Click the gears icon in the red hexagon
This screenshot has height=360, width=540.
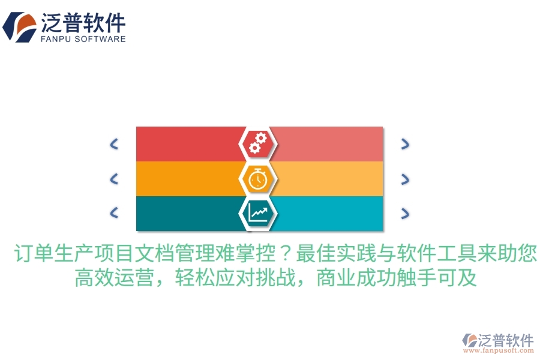tap(258, 143)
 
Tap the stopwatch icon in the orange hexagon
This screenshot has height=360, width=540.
tap(258, 179)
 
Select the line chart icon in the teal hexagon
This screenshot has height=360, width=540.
tap(258, 212)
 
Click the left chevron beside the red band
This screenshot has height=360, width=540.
tap(114, 144)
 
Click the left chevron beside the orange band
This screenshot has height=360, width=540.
tap(114, 179)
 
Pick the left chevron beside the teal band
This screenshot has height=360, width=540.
tap(114, 212)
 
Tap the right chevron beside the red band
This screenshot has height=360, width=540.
tap(405, 144)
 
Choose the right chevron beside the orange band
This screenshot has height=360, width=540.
tap(405, 179)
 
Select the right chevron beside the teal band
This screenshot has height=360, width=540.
tap(405, 213)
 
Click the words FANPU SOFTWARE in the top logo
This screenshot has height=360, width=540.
tap(83, 38)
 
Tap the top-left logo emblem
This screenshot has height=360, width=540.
tap(19, 27)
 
